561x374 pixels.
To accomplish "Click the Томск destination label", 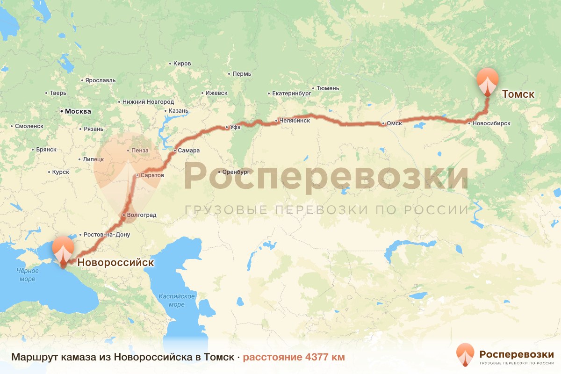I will coord(518,94).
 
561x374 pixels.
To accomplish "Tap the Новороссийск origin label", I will coord(115,263).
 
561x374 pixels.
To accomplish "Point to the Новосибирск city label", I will coord(491,123).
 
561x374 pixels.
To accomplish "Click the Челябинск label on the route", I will coord(295,121).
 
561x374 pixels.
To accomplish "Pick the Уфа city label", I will coord(235,127).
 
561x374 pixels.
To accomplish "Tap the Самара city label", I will coord(188,151).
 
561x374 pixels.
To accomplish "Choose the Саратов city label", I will coord(152,175).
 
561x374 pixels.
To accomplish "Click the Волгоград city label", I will coord(141,215).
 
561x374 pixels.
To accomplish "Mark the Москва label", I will coord(78,111).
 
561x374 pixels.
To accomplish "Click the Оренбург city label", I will coord(238,171).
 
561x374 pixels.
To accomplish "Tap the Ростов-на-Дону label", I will coord(107,234).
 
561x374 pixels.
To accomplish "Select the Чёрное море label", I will coord(27,275).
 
